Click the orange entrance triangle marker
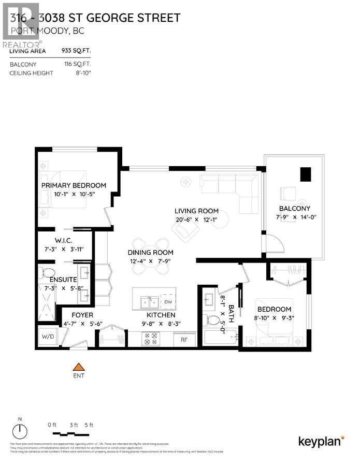point(78,367)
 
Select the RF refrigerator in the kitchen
point(184,340)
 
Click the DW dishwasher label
point(167,301)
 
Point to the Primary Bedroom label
point(74,185)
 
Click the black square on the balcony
point(306,174)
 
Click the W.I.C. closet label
point(66,240)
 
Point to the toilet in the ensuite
point(48,273)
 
